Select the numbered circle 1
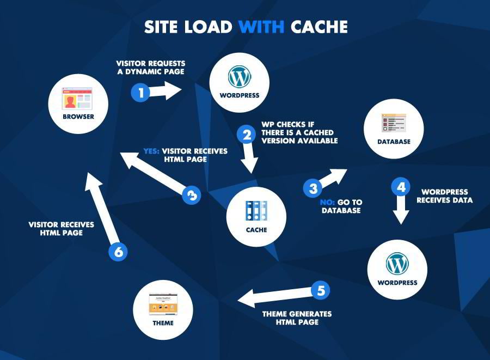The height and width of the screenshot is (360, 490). coord(141,93)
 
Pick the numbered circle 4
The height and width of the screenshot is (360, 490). coord(401,187)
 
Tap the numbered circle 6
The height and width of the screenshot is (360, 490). coord(118,252)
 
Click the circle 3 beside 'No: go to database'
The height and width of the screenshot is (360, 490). coord(313,188)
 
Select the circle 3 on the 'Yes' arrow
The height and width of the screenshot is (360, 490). coord(191,195)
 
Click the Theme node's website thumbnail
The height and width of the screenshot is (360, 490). coord(163,304)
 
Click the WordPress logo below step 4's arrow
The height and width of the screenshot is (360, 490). coord(397,264)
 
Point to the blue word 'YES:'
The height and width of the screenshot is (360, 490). coord(151,151)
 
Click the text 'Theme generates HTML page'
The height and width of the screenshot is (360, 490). coord(297,318)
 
